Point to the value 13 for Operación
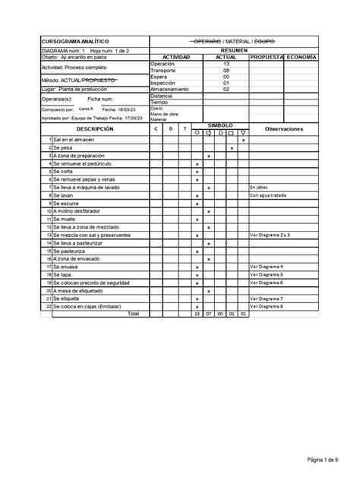pos(226,64)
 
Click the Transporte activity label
pos(163,71)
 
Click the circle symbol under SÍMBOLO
pos(197,133)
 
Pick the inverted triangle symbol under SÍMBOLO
pos(243,133)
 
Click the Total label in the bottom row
pos(133,314)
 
